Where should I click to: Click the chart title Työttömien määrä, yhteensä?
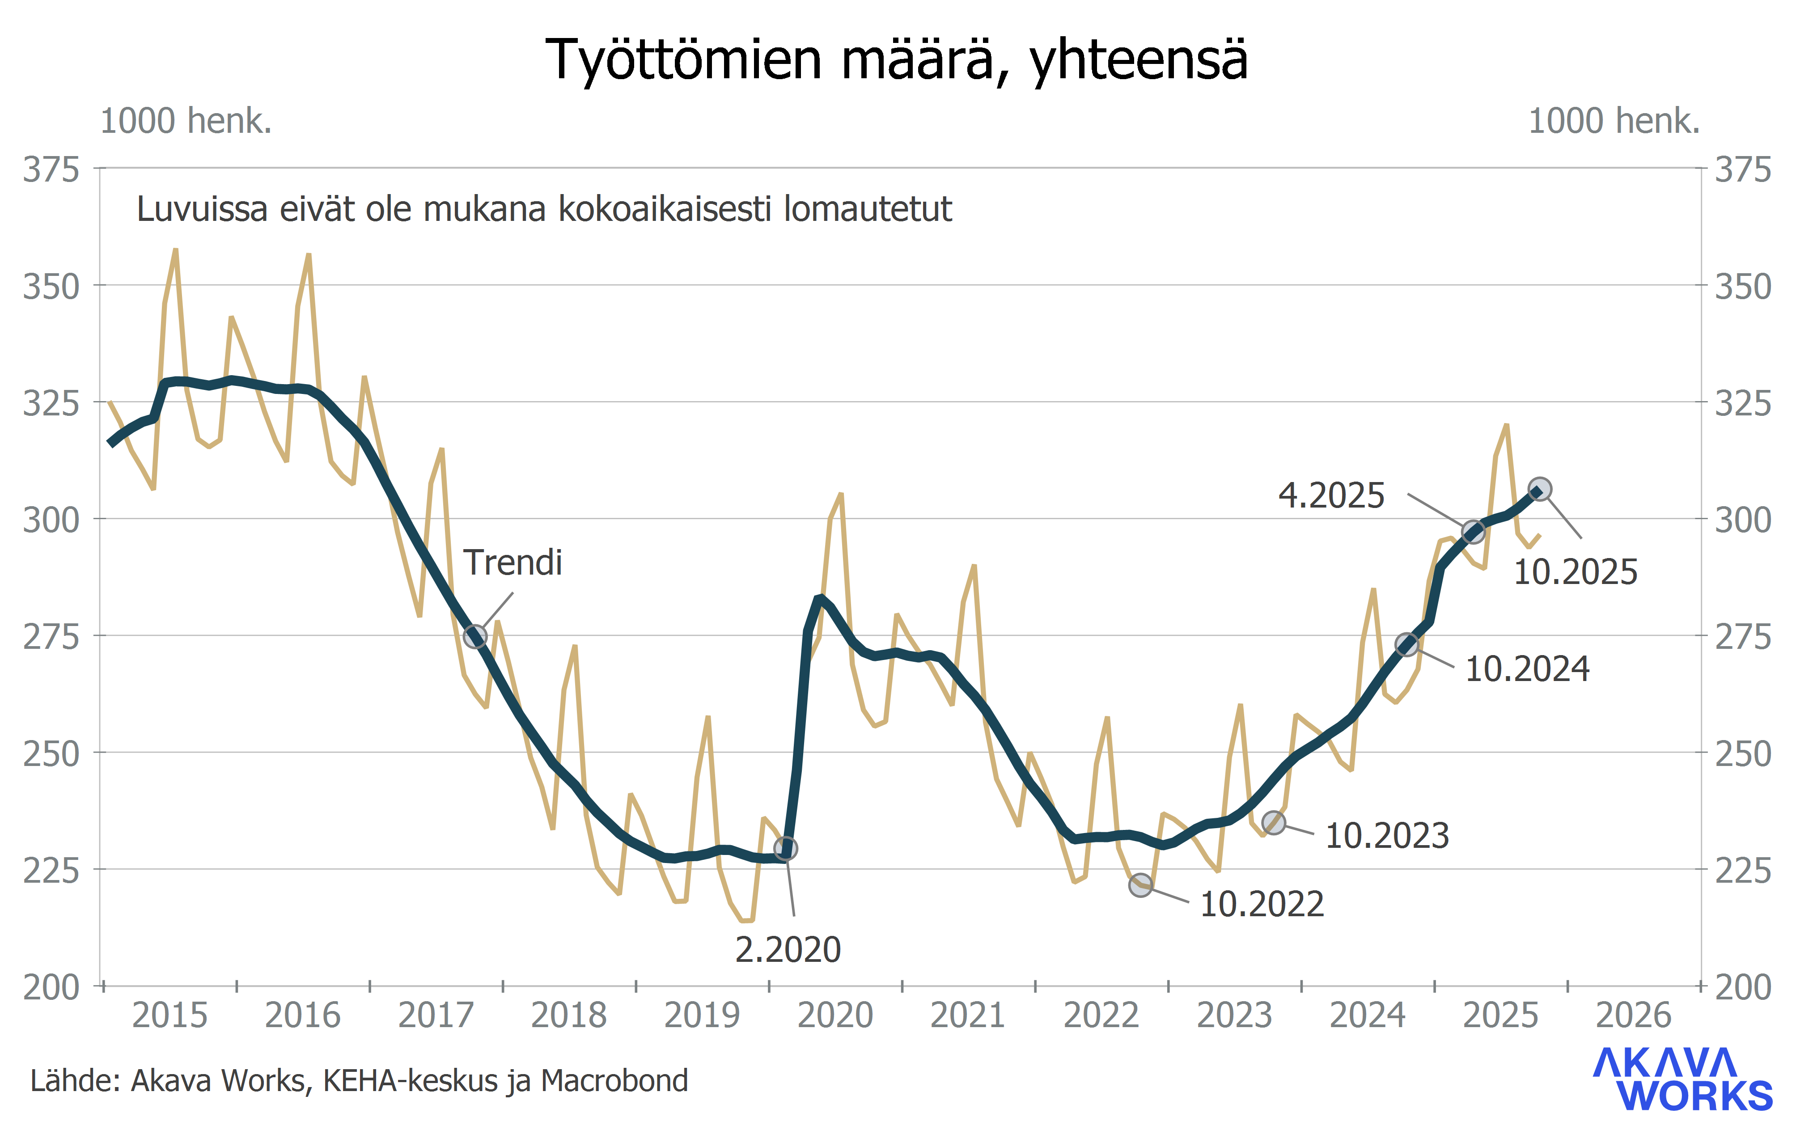pyautogui.click(x=897, y=59)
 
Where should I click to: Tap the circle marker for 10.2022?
pyautogui.click(x=1140, y=885)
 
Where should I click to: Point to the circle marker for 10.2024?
pyautogui.click(x=1406, y=645)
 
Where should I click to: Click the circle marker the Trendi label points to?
pyautogui.click(x=475, y=636)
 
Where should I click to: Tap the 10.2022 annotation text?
pyautogui.click(x=1262, y=904)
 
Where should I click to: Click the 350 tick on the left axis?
pyautogui.click(x=51, y=287)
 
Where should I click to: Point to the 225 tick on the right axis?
pyautogui.click(x=1743, y=871)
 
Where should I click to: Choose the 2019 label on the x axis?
pyautogui.click(x=702, y=1016)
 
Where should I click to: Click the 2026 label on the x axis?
pyautogui.click(x=1633, y=1016)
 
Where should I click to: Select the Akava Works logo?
pyautogui.click(x=1682, y=1079)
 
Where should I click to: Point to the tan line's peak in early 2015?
pyautogui.click(x=175, y=250)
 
